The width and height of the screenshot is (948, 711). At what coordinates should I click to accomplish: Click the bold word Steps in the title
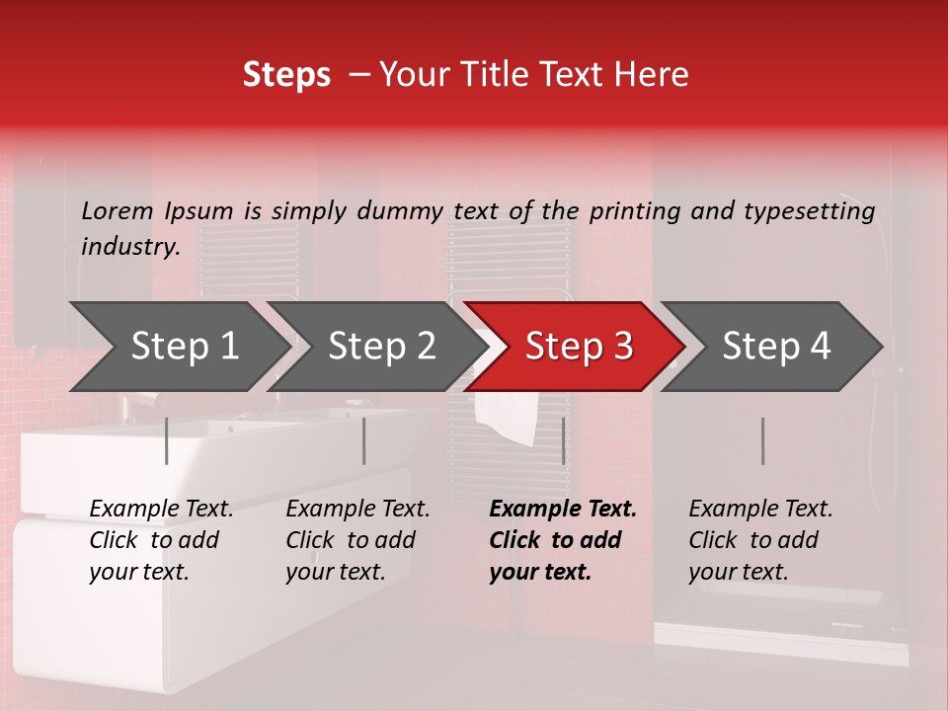(x=286, y=75)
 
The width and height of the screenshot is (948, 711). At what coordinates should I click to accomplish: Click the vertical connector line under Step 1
(x=167, y=440)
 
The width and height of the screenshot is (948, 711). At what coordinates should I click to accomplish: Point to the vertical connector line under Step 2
(x=364, y=440)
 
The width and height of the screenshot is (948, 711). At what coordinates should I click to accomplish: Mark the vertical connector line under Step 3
(x=563, y=440)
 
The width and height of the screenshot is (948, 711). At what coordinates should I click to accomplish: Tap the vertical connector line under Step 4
(x=762, y=440)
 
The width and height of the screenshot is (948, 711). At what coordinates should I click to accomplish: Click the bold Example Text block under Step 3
(x=562, y=540)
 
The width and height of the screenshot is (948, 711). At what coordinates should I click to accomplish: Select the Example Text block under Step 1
(x=161, y=540)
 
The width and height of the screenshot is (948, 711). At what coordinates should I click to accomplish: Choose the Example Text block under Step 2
(x=357, y=540)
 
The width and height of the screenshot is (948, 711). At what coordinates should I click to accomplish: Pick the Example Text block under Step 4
(x=760, y=540)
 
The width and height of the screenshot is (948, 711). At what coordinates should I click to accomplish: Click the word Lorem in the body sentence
(x=118, y=210)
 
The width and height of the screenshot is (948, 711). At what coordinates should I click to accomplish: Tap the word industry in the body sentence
(x=129, y=246)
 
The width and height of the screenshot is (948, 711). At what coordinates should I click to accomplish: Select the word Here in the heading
(x=652, y=75)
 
